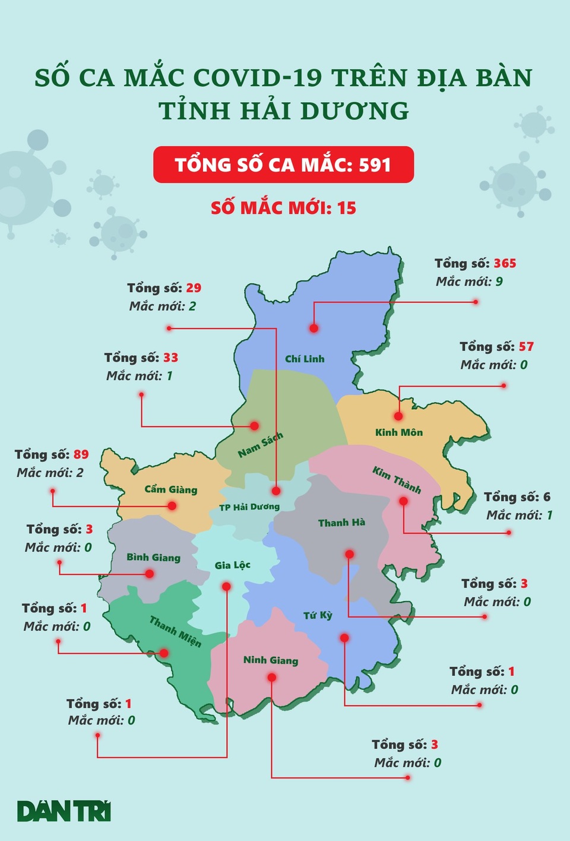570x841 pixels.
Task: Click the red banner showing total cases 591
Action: click(x=283, y=165)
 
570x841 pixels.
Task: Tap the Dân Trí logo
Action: click(x=64, y=811)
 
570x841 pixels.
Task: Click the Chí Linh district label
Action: click(x=305, y=359)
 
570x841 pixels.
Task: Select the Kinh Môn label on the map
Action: click(x=399, y=432)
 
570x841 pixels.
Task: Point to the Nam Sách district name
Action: click(x=261, y=445)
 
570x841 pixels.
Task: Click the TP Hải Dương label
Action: click(x=249, y=507)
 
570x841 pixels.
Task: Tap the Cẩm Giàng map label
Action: click(x=170, y=489)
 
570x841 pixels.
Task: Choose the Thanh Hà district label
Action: click(x=341, y=523)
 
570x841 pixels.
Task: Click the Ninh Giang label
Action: click(x=271, y=660)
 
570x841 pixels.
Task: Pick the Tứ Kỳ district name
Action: click(x=318, y=615)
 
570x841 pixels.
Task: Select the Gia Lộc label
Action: click(x=232, y=565)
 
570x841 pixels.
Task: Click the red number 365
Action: click(x=505, y=263)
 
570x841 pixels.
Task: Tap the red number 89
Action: click(x=81, y=454)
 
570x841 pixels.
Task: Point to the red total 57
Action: click(x=526, y=346)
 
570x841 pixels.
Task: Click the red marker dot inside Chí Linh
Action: click(x=313, y=328)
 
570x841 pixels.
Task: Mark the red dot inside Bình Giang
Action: click(x=150, y=574)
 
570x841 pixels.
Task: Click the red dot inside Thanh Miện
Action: click(x=164, y=653)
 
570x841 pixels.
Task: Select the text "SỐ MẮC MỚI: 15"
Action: click(x=283, y=208)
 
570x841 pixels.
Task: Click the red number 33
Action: click(x=171, y=358)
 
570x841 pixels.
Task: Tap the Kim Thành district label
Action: click(x=397, y=480)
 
